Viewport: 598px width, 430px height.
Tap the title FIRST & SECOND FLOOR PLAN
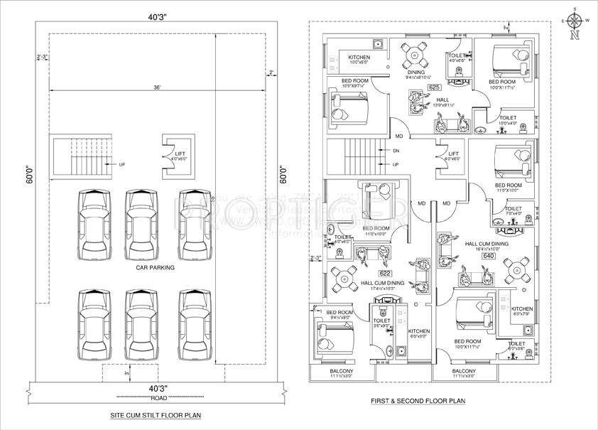click(x=418, y=402)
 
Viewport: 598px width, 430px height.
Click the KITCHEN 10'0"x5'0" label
click(x=359, y=60)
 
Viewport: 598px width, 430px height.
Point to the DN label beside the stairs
click(x=395, y=151)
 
